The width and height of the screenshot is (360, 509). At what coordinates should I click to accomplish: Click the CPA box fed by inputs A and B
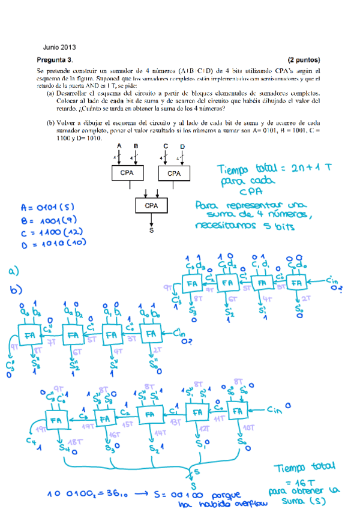click(x=127, y=173)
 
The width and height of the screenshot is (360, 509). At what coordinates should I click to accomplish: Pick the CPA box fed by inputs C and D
click(x=173, y=173)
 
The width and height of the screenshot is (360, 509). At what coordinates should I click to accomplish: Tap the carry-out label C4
click(x=30, y=442)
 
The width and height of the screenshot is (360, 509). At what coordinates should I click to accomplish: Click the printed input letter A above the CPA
click(x=119, y=146)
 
